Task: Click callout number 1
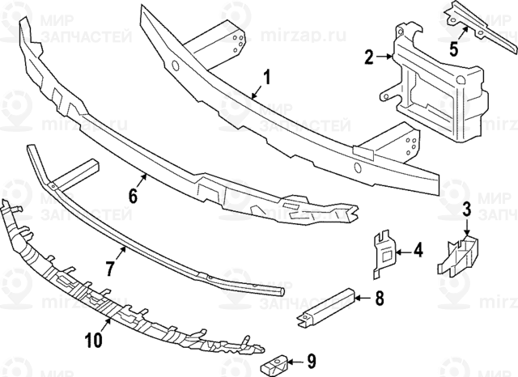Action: [266, 76]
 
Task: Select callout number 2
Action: [369, 57]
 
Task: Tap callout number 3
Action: [466, 210]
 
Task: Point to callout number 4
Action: [418, 250]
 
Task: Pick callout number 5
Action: [454, 49]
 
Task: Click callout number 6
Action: [133, 197]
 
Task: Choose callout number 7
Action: [110, 268]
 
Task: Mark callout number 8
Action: [380, 298]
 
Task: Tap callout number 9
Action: [311, 362]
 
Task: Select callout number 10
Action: [94, 340]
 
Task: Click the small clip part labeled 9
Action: [275, 364]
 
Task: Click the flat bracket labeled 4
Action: [384, 254]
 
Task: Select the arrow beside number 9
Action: [295, 362]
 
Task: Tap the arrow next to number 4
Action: [403, 252]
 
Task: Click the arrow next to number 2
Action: [385, 57]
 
